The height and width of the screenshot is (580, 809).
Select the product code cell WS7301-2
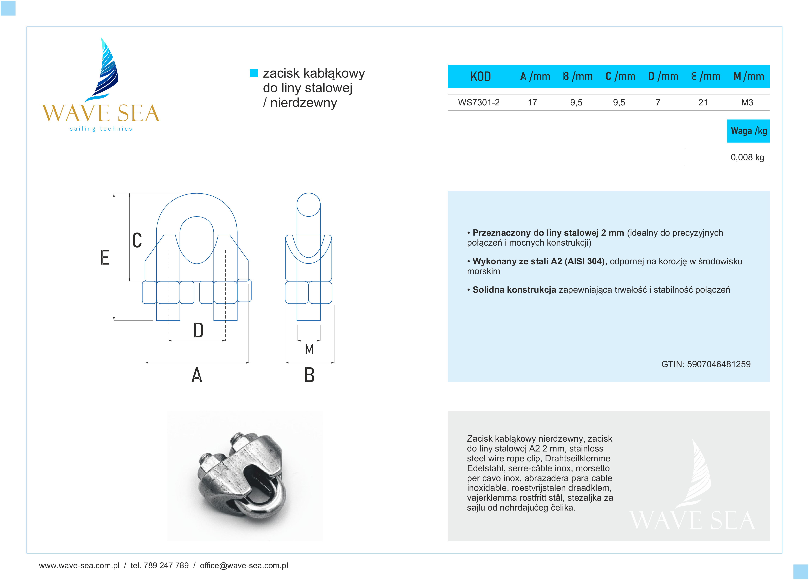click(479, 102)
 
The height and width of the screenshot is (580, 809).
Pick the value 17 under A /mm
click(532, 102)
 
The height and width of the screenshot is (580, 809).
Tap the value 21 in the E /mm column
click(703, 102)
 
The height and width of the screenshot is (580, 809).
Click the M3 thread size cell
click(747, 102)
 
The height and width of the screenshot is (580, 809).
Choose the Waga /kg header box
click(748, 131)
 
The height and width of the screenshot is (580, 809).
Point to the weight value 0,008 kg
click(747, 157)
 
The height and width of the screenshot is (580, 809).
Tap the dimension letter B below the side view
click(309, 375)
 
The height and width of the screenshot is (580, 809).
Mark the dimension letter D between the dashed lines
click(198, 330)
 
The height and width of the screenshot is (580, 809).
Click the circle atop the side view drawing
click(309, 205)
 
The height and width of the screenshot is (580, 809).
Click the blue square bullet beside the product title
click(254, 73)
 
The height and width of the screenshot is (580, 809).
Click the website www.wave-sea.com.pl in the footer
click(79, 565)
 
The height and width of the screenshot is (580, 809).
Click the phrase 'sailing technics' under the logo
click(101, 129)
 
